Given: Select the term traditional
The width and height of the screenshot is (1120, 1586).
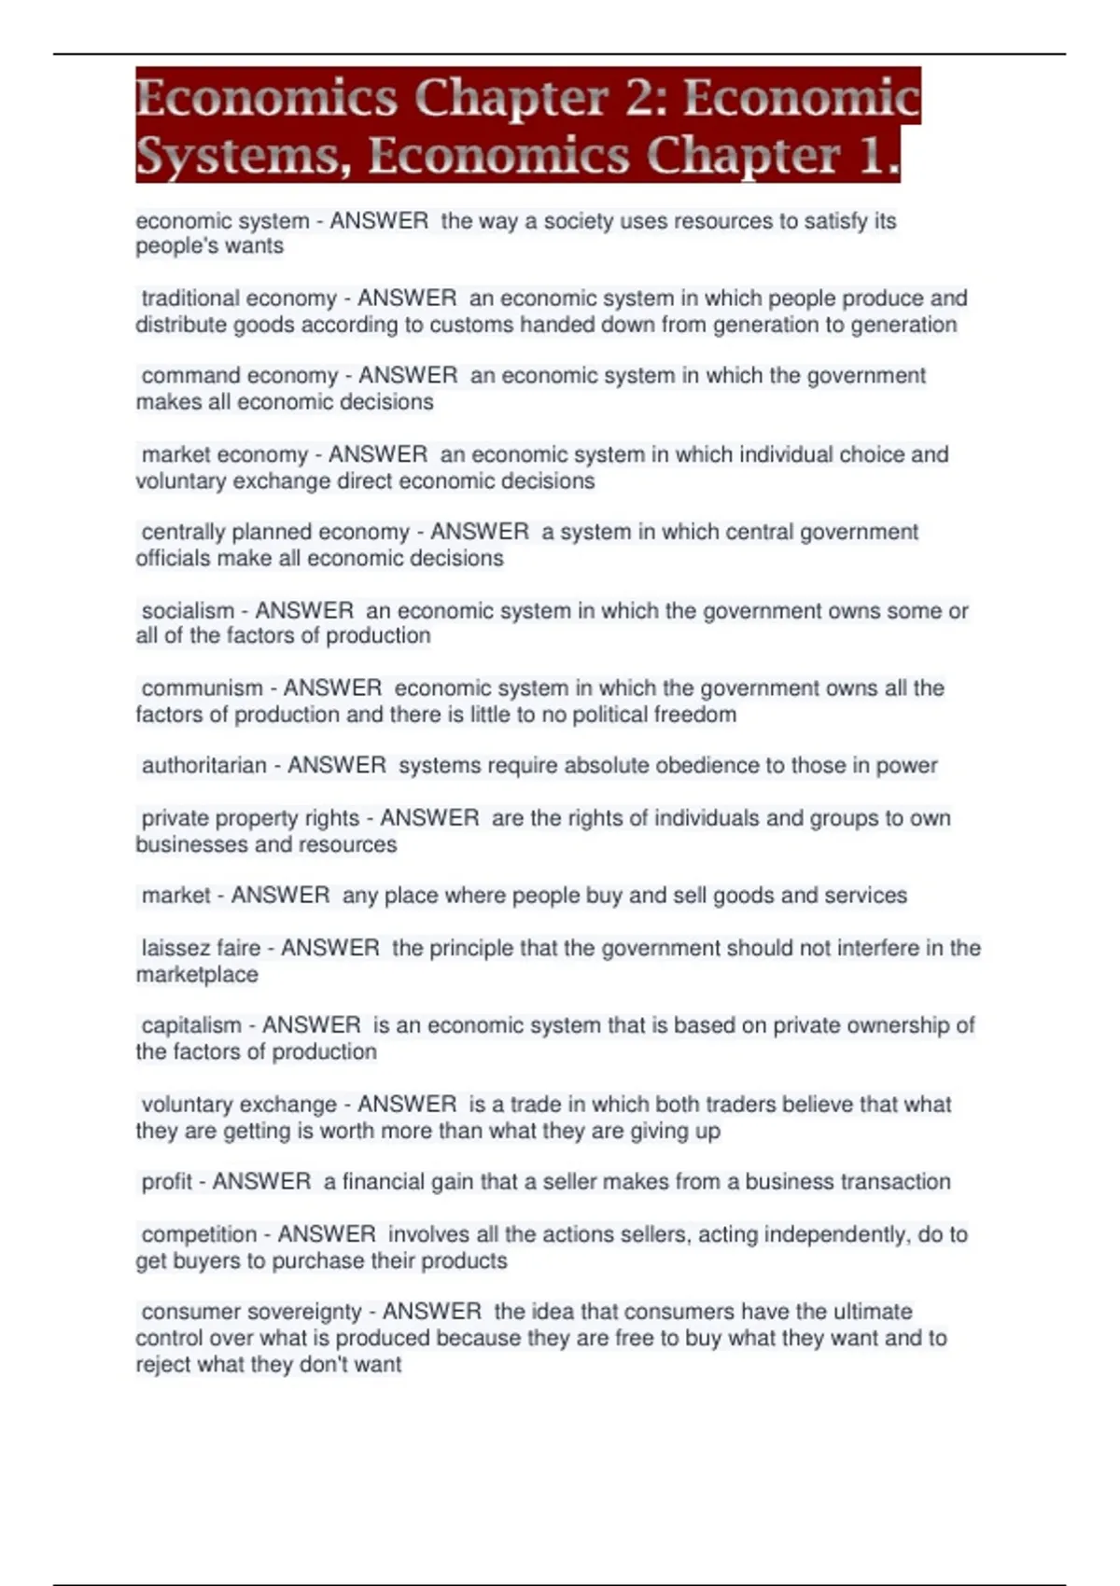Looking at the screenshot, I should click(x=192, y=299).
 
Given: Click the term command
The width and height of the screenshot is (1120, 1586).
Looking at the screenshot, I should click(x=186, y=376).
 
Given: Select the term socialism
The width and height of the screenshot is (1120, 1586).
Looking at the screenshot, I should click(x=188, y=611).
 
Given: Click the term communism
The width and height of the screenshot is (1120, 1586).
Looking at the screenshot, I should click(x=202, y=689).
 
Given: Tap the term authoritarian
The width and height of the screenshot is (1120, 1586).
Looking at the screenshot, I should click(x=203, y=766).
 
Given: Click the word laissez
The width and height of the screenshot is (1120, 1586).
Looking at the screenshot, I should click(x=175, y=948).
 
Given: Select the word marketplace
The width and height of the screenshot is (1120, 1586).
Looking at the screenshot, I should click(x=197, y=975).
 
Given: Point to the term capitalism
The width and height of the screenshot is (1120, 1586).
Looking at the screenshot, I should click(x=191, y=1025).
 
